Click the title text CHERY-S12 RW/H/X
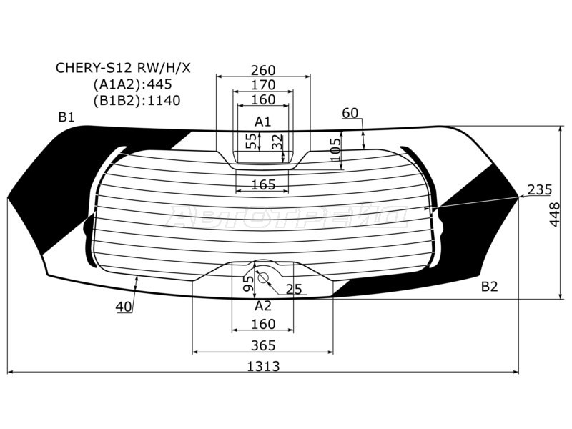pos(124,69)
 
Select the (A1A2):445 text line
pos(132,84)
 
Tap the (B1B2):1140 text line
pos(137,101)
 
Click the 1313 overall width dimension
pos(264,366)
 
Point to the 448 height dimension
pos(555,213)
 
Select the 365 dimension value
pos(264,345)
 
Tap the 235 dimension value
pos(540,189)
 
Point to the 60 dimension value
pos(350,113)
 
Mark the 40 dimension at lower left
pos(124,307)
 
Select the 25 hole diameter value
pos(294,289)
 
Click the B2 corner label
pos(489,287)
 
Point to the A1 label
pos(263,121)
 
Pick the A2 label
pos(263,305)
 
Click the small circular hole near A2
pos(263,277)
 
